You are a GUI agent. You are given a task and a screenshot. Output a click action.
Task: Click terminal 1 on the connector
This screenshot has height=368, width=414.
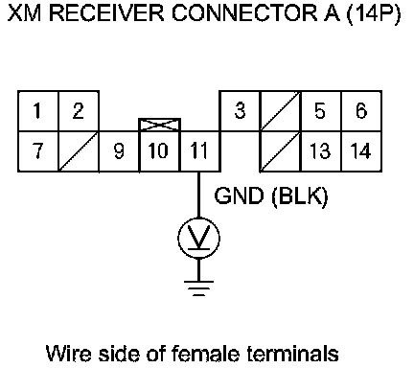coord(38,111)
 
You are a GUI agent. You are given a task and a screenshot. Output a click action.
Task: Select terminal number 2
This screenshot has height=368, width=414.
coord(79,111)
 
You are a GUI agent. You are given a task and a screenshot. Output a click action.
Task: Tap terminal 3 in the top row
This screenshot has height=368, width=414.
coord(240,111)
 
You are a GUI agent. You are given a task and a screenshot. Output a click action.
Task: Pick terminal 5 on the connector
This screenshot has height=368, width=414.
coord(321,111)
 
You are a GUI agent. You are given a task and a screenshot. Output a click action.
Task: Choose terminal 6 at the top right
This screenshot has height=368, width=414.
coord(361,111)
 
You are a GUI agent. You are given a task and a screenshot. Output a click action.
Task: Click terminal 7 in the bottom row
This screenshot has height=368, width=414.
coord(38,151)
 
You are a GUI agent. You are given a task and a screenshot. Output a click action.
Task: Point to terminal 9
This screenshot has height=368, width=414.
coord(119,151)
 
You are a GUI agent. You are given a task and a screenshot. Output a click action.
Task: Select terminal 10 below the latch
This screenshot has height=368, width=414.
coord(159,151)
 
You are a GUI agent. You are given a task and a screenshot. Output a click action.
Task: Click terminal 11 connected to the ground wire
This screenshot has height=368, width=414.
coord(199,151)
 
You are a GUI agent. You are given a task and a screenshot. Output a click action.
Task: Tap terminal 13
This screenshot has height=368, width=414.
coord(321,151)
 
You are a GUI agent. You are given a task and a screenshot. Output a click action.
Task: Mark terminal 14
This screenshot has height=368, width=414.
coord(361,151)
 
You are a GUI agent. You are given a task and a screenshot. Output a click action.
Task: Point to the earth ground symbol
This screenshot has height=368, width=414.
coord(198,288)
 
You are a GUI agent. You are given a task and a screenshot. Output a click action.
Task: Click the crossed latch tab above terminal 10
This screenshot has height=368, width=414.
coord(159,125)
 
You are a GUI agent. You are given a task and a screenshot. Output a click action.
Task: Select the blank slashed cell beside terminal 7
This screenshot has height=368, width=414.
coord(79,151)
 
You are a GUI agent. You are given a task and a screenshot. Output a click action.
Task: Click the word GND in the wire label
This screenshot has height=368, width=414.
coord(239,195)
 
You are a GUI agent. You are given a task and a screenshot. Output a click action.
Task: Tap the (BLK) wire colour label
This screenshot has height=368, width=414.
coord(300,196)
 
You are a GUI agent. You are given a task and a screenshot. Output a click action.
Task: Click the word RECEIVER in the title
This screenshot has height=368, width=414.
coord(107,13)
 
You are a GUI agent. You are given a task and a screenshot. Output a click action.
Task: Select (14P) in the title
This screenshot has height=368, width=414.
coord(373,14)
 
